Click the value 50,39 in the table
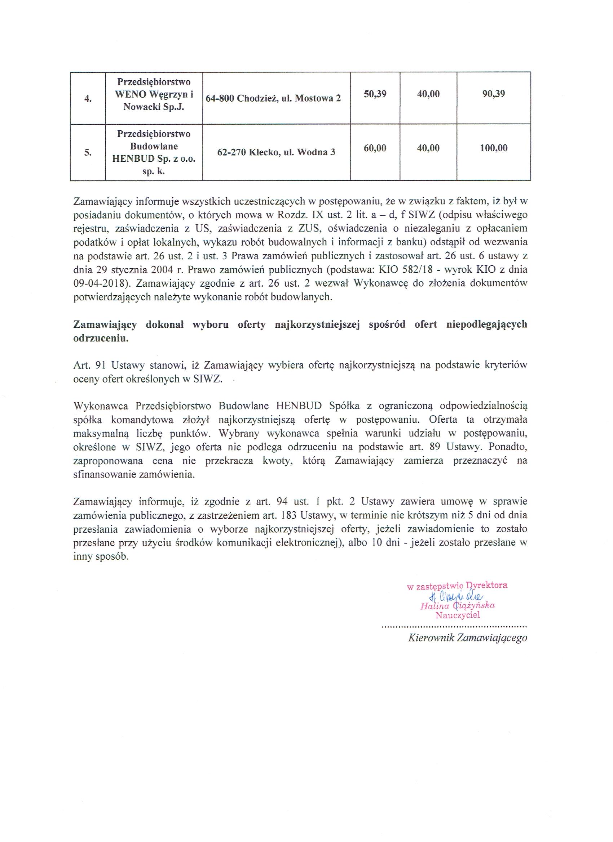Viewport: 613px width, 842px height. pos(375,94)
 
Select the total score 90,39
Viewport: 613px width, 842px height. pos(494,94)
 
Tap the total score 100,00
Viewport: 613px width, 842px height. pos(494,148)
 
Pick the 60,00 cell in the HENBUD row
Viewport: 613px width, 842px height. pos(375,148)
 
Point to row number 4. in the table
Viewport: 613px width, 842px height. pos(88,99)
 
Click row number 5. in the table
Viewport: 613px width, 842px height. pos(88,153)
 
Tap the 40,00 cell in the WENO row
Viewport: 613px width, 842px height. pos(428,94)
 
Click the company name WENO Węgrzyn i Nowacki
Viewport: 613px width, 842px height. pos(154,94)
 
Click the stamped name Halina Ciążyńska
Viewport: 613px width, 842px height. pos(457,606)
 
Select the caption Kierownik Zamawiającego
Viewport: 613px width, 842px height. pos(467,638)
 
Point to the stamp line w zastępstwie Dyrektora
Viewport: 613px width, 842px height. pos(457,586)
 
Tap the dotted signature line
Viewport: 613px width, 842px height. pos(455,627)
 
